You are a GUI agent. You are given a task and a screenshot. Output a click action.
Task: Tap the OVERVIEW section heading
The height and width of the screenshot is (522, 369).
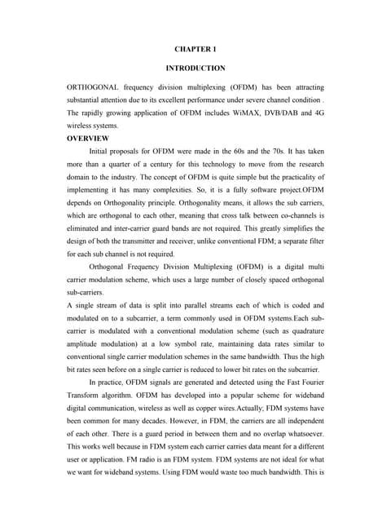click(88, 140)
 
